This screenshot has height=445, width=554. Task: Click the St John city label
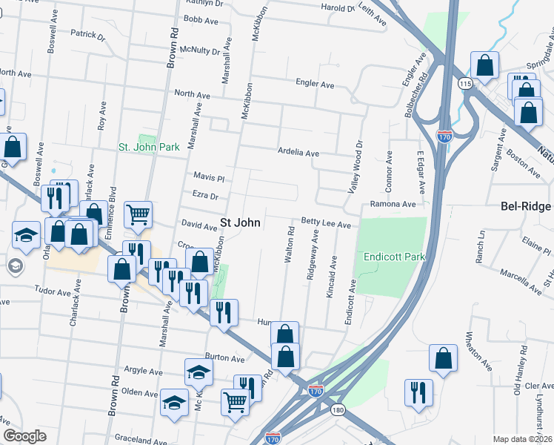[x=241, y=222]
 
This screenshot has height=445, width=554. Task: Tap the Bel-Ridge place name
[x=526, y=206]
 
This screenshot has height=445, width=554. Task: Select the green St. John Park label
[x=150, y=148]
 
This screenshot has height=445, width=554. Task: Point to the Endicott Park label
[x=394, y=257]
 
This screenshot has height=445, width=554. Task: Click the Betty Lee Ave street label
[x=325, y=222]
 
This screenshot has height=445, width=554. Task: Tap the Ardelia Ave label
[x=298, y=153]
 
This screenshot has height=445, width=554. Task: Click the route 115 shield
[x=464, y=84]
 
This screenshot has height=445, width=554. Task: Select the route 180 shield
[x=338, y=409]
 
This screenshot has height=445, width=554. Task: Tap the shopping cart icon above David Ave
[x=138, y=215]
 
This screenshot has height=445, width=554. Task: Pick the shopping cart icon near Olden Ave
[x=235, y=401]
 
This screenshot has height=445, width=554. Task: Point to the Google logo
[x=24, y=436]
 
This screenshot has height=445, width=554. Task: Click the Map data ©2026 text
[x=522, y=439]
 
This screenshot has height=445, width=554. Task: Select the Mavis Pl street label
[x=208, y=178]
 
